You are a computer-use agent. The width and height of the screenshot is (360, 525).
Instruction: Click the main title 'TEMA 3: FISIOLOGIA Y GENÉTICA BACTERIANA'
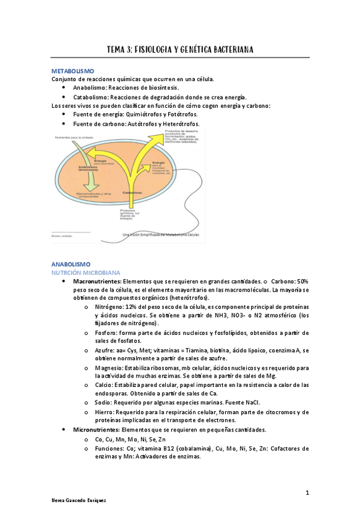point(179,49)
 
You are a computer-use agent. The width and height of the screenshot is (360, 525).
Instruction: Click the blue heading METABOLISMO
point(72,71)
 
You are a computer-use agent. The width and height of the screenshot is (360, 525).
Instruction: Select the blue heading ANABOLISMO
point(70,264)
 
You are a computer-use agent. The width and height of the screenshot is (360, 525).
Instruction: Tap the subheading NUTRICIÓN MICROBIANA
point(85,272)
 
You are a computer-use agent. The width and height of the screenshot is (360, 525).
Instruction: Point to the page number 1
point(307,492)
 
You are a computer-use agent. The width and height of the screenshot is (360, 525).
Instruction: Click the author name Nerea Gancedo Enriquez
point(79,501)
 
